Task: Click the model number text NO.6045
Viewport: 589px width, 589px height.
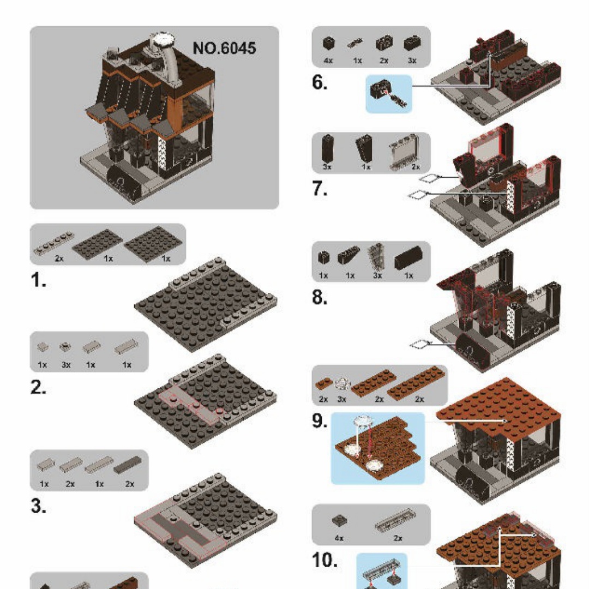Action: (x=224, y=48)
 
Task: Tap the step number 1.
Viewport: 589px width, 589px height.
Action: (x=38, y=280)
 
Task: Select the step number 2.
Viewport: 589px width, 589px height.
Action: (x=38, y=387)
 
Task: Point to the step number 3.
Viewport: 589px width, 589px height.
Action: (x=38, y=506)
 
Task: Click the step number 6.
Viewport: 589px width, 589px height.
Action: (x=319, y=82)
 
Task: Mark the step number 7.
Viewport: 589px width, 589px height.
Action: (x=319, y=189)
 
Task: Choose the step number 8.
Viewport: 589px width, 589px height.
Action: (x=319, y=298)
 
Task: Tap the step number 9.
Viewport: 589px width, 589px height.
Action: (x=319, y=420)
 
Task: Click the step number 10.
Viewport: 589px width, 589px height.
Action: (x=324, y=560)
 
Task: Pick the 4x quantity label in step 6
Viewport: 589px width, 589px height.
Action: (x=328, y=61)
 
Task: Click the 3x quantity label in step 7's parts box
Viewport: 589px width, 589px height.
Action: (x=327, y=166)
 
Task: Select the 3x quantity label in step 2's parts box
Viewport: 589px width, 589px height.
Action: (x=66, y=365)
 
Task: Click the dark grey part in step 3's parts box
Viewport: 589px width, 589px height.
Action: (x=128, y=465)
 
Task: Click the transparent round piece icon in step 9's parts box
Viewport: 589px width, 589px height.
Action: (x=342, y=383)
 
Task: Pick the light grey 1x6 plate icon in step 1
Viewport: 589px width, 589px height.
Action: (x=53, y=243)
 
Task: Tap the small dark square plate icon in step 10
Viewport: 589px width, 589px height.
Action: (x=340, y=521)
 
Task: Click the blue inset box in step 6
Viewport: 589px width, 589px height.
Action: (x=389, y=94)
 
